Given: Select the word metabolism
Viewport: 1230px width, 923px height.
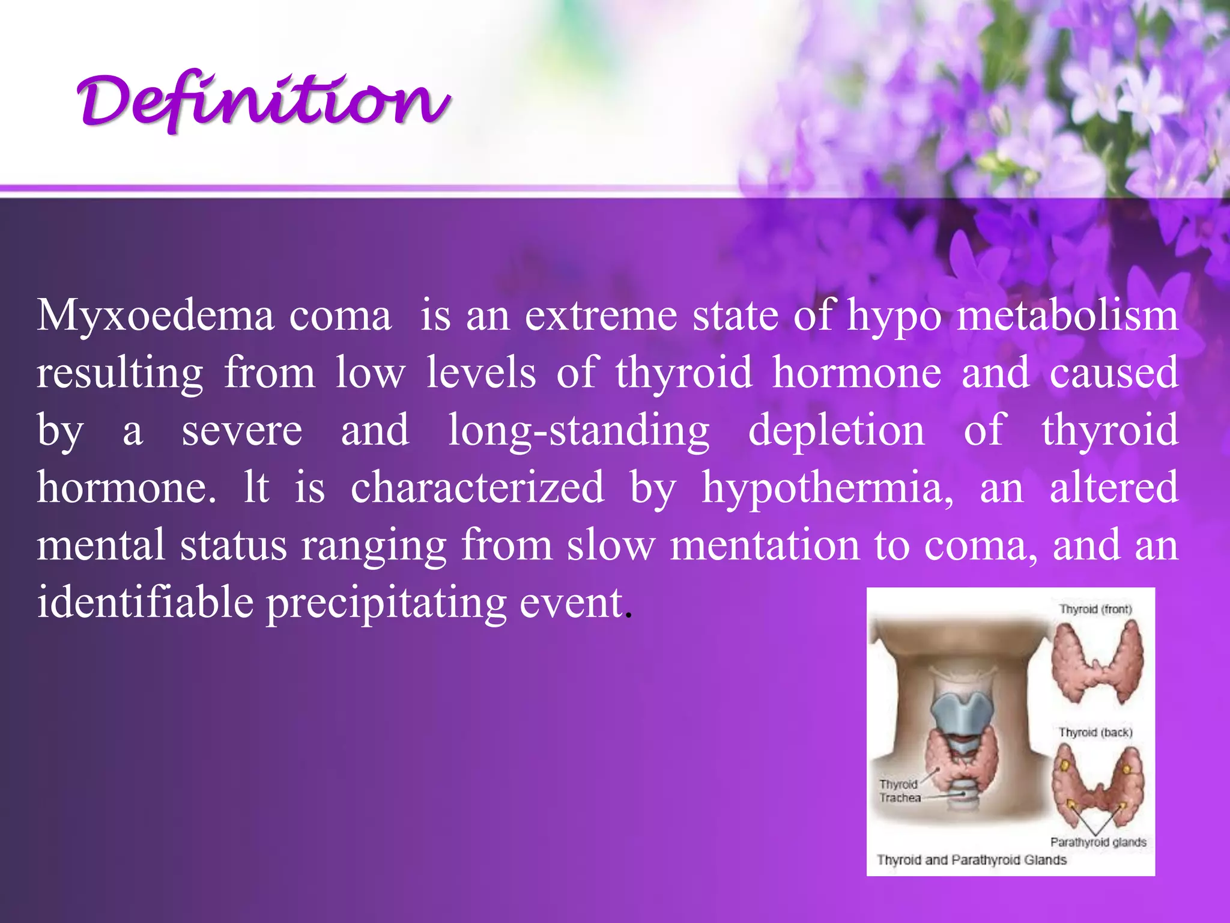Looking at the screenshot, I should (x=1067, y=315).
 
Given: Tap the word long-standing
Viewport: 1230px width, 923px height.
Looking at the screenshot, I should (x=579, y=430).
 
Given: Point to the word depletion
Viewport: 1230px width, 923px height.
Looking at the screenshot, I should (x=837, y=430).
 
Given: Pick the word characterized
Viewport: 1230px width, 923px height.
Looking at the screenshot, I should (x=477, y=487).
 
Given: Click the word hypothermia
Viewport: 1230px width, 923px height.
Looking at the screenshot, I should (x=828, y=487).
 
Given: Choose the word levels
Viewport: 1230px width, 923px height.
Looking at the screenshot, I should (x=481, y=373).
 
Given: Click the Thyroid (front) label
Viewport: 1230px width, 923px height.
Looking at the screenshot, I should (x=1095, y=609).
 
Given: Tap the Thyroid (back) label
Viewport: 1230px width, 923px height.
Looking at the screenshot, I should (x=1095, y=733).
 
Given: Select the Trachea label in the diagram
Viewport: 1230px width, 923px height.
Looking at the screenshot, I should (x=900, y=798).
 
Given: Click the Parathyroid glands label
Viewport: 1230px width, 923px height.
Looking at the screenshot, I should (x=1098, y=842).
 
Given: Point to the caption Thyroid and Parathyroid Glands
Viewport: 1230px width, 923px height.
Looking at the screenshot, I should (x=971, y=860).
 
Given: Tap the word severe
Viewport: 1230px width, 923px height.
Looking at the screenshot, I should (x=242, y=430).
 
